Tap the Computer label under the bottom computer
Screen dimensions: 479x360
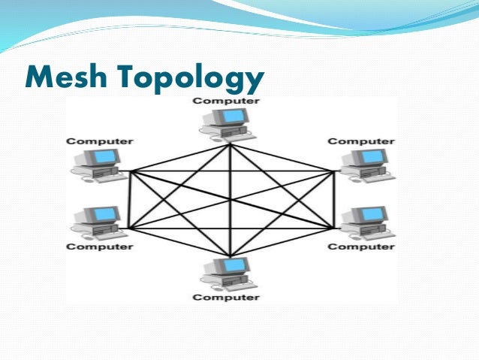226,297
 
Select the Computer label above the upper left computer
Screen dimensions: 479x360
99,141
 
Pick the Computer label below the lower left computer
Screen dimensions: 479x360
99,247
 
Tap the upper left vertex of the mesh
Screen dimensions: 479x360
131,171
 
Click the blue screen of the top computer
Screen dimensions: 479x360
236,116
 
